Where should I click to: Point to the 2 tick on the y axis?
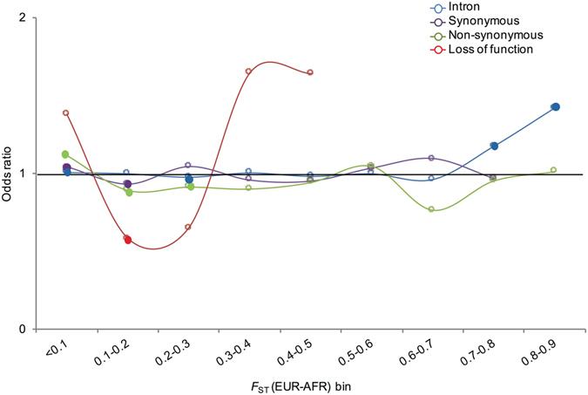point(23,18)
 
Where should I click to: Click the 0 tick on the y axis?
point(23,330)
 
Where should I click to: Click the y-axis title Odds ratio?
point(8,174)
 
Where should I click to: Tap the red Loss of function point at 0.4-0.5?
point(310,72)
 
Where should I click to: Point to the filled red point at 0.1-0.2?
point(127,239)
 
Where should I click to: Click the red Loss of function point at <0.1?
point(66,112)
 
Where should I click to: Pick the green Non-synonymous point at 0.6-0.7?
point(431,209)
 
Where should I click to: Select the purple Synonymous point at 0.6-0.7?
point(431,158)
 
